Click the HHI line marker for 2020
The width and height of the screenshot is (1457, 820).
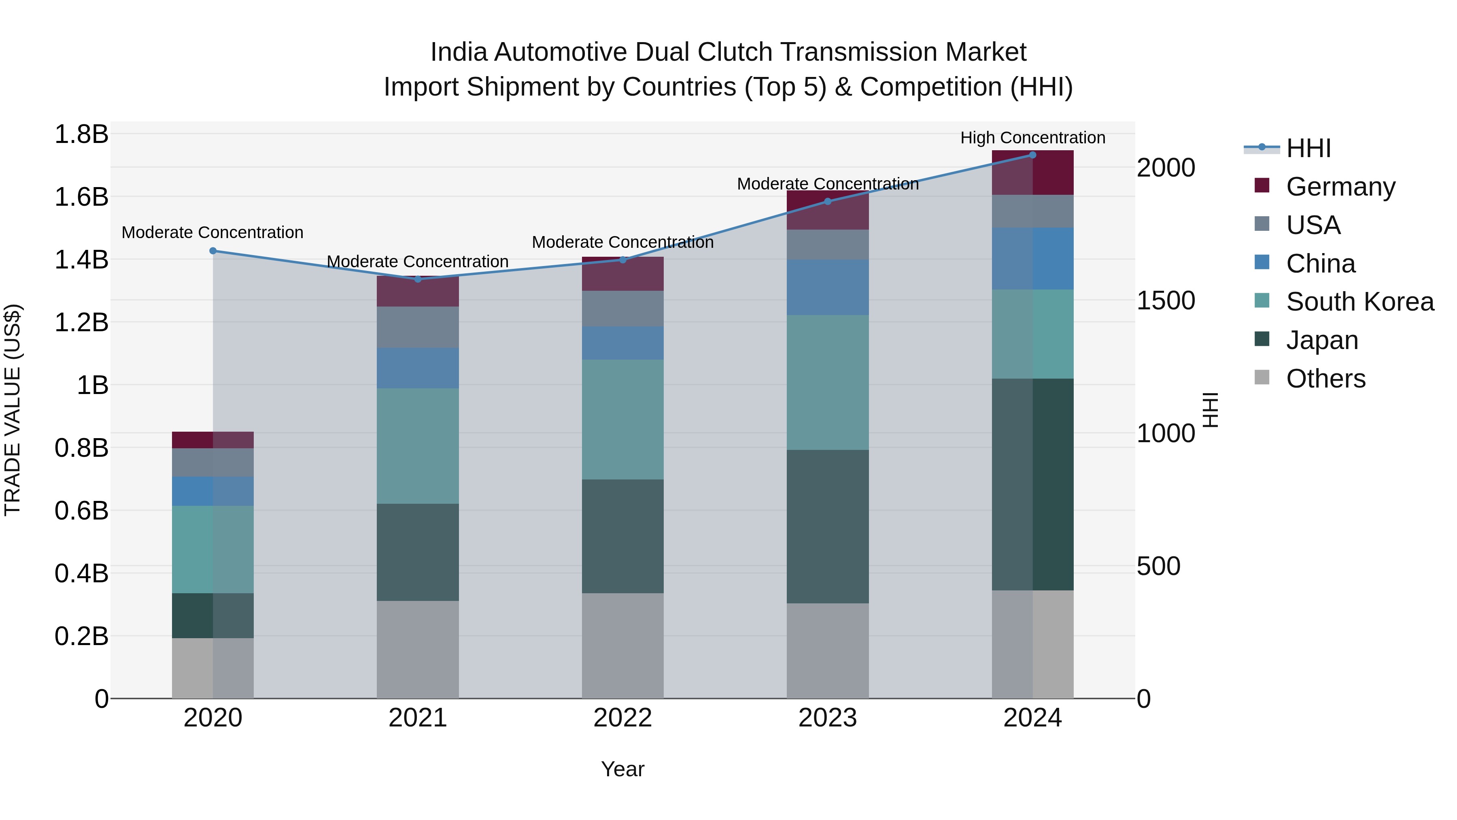coord(212,251)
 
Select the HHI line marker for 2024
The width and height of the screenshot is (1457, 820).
coord(1032,155)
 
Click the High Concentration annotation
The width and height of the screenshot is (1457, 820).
coord(1032,138)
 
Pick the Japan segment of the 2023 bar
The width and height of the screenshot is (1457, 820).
coord(828,526)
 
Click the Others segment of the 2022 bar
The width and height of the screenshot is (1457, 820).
coord(623,645)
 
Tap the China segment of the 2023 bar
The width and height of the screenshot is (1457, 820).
coord(828,288)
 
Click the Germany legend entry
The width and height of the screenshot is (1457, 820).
coord(1340,186)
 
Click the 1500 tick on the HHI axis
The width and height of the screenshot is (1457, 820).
coord(1166,300)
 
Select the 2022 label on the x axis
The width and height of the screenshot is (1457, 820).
coord(623,718)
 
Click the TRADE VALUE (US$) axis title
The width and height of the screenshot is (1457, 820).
coord(13,410)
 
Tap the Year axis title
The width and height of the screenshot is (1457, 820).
coord(623,769)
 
